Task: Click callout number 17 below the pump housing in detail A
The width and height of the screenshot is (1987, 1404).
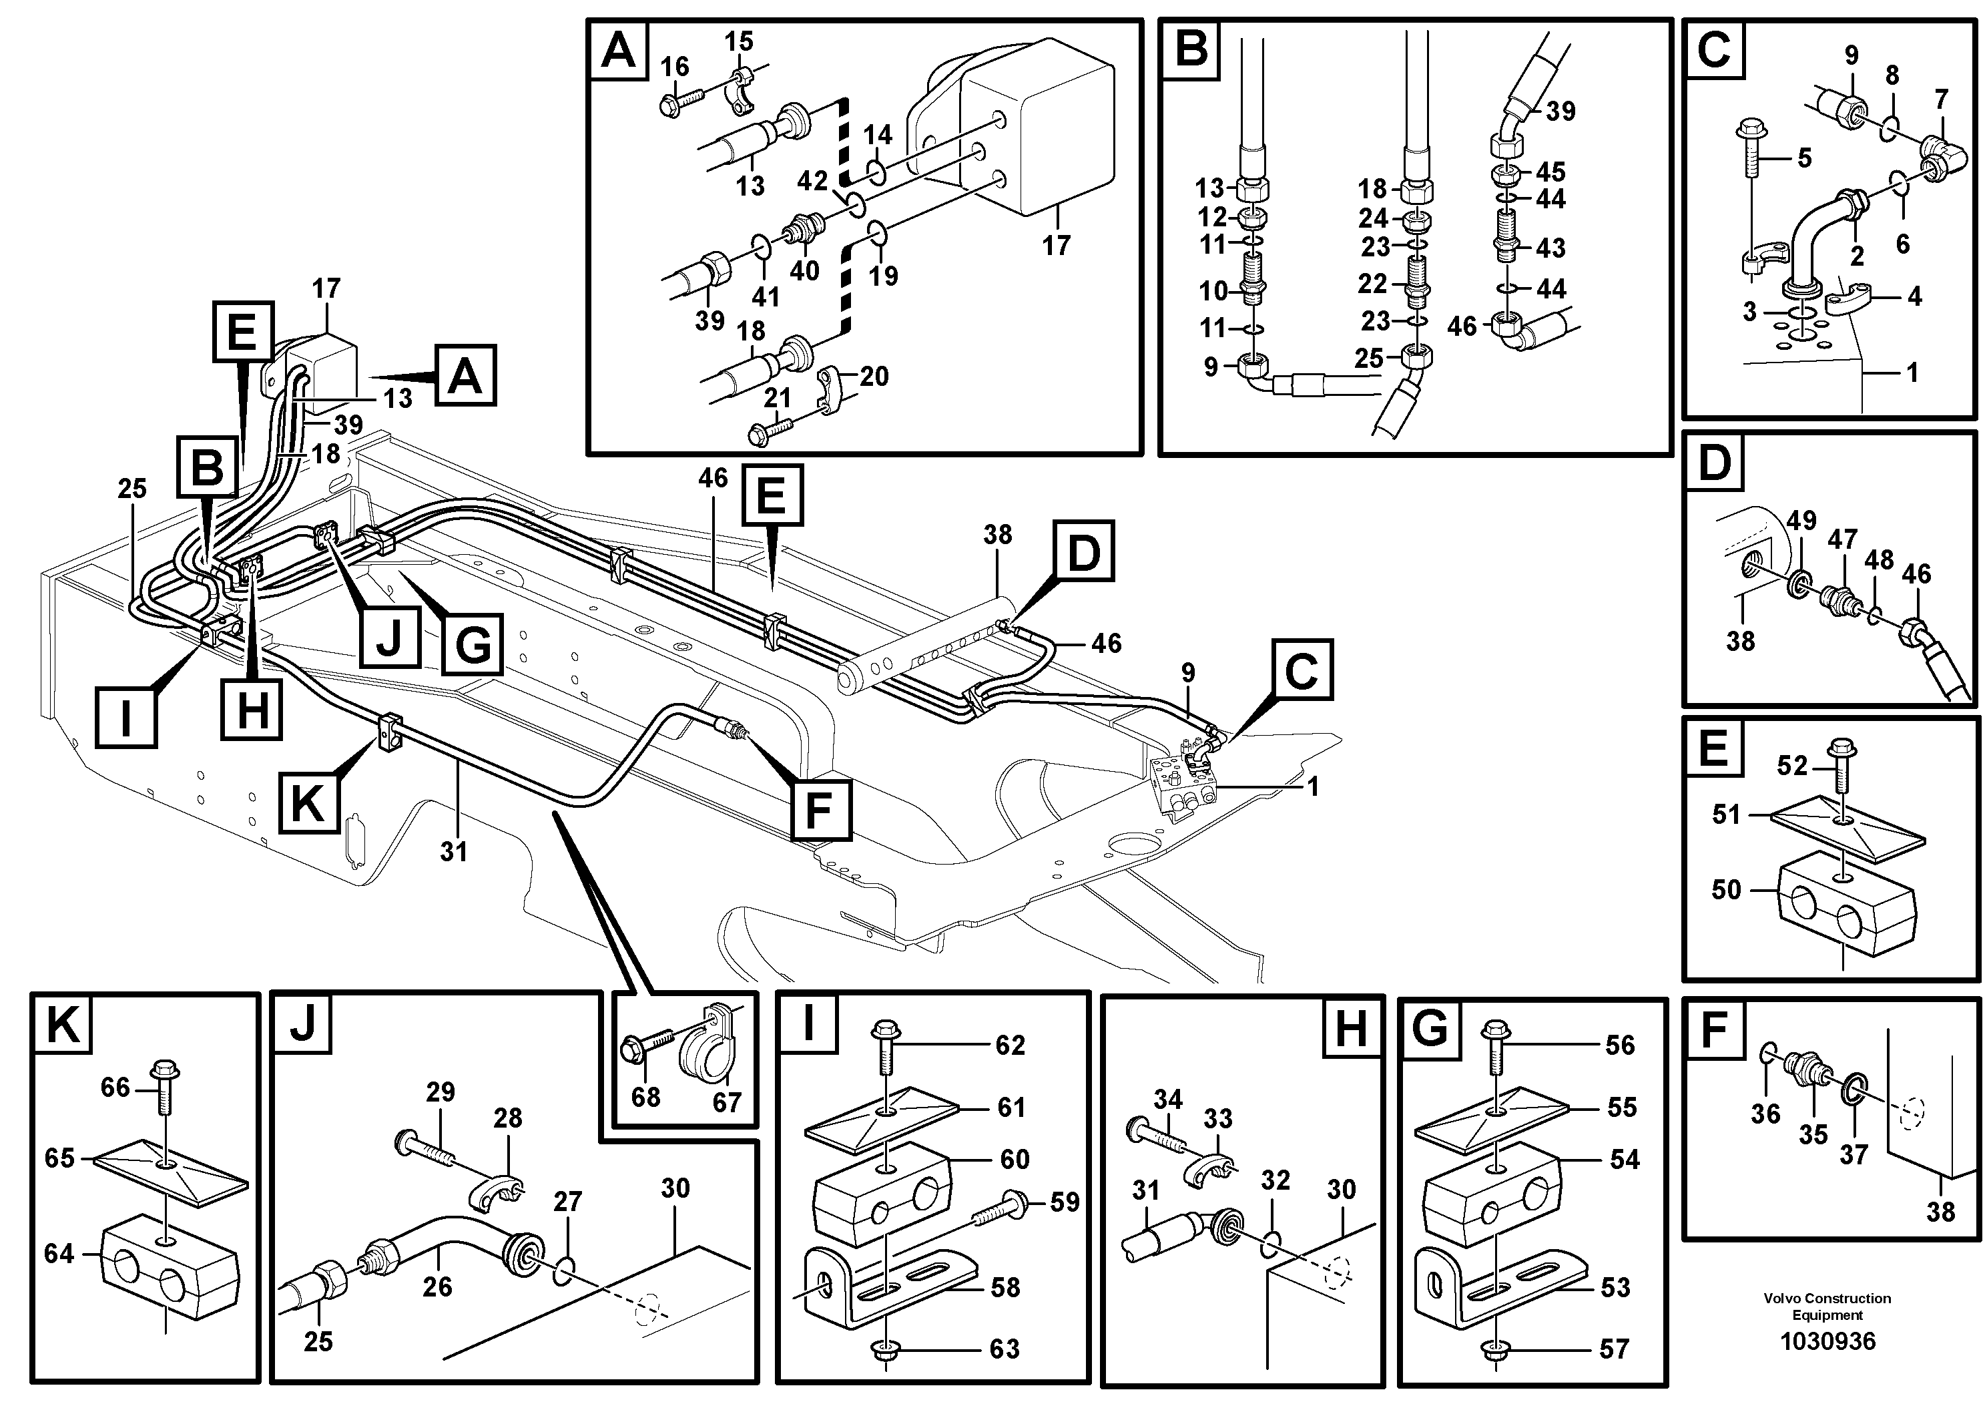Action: pyautogui.click(x=1056, y=246)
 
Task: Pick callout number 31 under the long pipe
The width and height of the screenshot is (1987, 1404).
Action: pyautogui.click(x=453, y=852)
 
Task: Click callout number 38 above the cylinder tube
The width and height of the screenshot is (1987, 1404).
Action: pyautogui.click(x=997, y=535)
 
